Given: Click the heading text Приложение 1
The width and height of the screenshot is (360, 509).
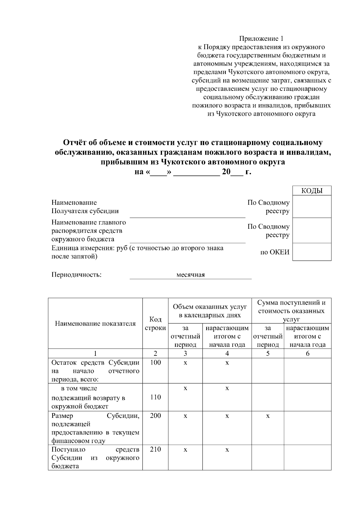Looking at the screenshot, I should click(261, 39).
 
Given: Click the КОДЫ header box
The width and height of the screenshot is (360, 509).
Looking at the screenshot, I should click(312, 191).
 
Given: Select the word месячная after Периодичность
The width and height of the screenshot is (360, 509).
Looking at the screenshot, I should click(190, 275).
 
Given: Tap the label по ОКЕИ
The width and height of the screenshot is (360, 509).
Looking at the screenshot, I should click(275, 252).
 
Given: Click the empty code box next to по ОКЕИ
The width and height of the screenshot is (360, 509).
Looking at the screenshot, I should click(312, 252).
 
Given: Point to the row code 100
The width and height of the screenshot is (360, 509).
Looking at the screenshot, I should click(155, 362).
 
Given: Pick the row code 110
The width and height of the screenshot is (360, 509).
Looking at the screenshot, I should click(155, 397).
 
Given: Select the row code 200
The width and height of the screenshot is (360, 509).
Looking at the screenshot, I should click(155, 415).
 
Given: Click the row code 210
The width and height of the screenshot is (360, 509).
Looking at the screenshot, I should click(155, 449).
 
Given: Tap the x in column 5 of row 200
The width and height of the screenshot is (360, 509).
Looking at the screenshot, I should click(268, 416).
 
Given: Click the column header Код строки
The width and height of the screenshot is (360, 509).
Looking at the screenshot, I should click(155, 324).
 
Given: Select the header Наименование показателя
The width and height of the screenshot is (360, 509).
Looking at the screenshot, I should click(95, 323).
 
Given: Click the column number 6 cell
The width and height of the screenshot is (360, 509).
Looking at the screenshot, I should click(307, 353).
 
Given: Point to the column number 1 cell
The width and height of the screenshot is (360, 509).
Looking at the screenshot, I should click(95, 353).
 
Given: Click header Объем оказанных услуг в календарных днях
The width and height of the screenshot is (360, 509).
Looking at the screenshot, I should click(210, 311).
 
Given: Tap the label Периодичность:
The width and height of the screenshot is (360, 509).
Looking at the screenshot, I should click(76, 275).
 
